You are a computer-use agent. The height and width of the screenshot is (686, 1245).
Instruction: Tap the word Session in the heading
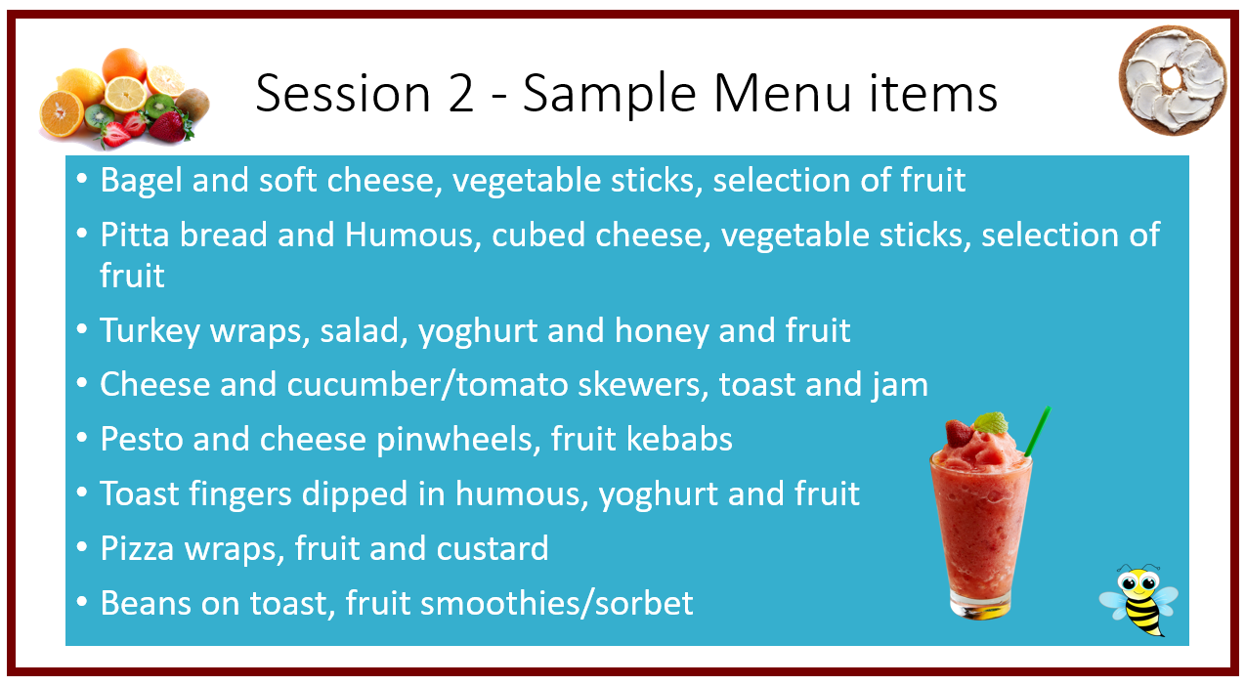click(x=342, y=93)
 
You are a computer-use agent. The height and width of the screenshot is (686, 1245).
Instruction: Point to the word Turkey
click(x=150, y=331)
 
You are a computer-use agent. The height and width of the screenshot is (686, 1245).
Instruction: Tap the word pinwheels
click(x=458, y=440)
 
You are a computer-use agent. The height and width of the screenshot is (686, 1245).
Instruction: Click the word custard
click(x=492, y=548)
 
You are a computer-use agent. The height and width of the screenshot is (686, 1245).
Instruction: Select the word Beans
click(x=146, y=603)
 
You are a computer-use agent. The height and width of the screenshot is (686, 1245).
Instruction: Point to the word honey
click(x=662, y=331)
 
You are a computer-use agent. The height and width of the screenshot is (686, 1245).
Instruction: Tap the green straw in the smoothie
click(x=1037, y=431)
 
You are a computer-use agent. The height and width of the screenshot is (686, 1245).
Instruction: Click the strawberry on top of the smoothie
click(x=959, y=433)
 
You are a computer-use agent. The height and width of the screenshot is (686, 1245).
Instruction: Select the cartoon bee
click(x=1138, y=600)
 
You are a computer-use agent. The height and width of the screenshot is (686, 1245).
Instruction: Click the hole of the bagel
click(x=1172, y=79)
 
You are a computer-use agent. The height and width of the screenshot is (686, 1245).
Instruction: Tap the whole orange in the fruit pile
click(x=124, y=64)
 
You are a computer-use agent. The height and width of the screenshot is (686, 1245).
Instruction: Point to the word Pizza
click(x=137, y=548)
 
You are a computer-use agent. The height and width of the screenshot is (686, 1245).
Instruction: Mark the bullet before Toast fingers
click(x=82, y=492)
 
